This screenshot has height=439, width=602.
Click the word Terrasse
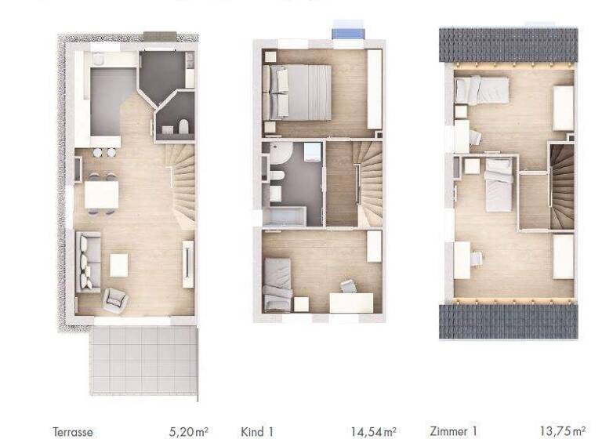tap(73, 431)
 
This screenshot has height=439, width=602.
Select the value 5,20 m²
tap(189, 431)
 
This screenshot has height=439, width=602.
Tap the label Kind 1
tap(258, 431)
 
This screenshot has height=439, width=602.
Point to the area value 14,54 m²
tap(374, 431)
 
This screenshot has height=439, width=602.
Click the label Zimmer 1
tap(454, 431)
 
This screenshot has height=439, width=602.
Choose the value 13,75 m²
tap(562, 431)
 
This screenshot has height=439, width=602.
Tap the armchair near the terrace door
tap(114, 299)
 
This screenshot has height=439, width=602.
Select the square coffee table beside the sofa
tap(118, 265)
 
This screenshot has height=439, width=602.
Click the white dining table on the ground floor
tap(101, 193)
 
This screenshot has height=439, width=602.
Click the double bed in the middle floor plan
tap(298, 91)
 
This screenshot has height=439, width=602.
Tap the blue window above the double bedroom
tap(347, 33)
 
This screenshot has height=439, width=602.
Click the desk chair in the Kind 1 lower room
tap(347, 287)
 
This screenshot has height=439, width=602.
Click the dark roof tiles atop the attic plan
tap(508, 45)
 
